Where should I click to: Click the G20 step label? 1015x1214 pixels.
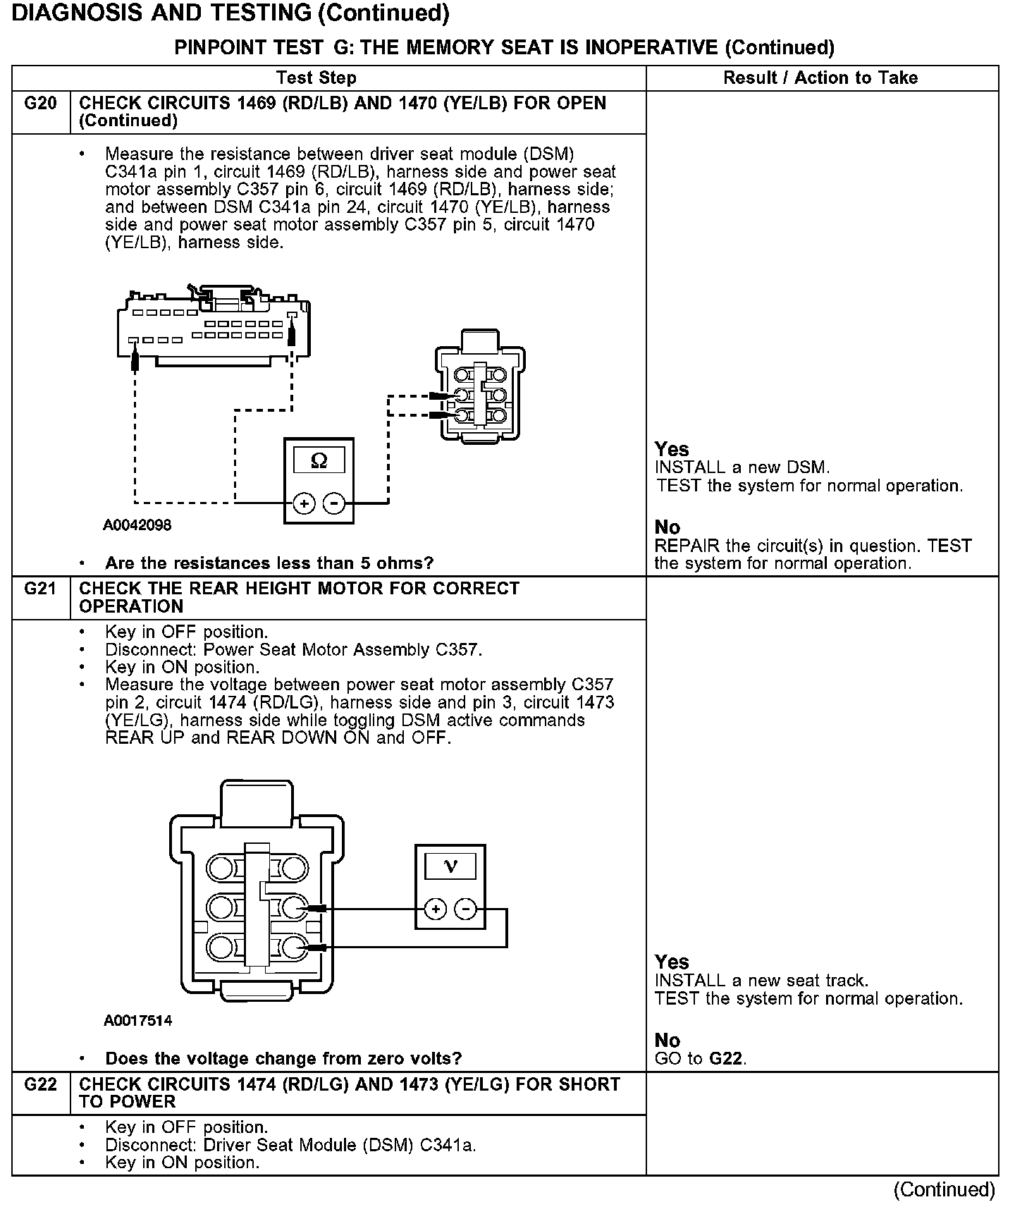point(40,104)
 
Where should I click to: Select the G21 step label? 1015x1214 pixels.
point(40,589)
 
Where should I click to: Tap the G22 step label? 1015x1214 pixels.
point(40,1084)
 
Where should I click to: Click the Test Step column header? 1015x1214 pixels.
point(316,78)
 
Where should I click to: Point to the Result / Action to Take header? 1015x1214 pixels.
point(820,78)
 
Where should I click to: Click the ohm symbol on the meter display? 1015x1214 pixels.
point(319,461)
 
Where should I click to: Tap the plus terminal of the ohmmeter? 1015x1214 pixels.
point(304,503)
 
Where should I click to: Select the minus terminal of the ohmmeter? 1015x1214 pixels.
point(333,503)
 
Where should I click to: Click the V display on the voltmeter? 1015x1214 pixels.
point(450,866)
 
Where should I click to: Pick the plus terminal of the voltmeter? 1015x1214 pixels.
point(436,909)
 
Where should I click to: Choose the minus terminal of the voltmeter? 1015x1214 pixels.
point(465,909)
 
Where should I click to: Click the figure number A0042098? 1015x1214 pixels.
point(137,525)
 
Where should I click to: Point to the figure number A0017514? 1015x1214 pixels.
point(137,1021)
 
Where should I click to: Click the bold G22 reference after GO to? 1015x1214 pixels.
point(727,1059)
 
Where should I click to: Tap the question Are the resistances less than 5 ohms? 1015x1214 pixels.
point(269,563)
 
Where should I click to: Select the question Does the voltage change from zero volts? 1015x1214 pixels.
point(283,1059)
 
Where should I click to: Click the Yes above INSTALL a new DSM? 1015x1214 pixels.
point(672,449)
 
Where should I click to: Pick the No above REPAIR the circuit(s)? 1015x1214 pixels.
point(668,527)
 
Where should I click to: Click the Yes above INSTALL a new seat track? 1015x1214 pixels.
point(672,962)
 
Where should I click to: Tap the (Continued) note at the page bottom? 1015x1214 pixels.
point(944,1190)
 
